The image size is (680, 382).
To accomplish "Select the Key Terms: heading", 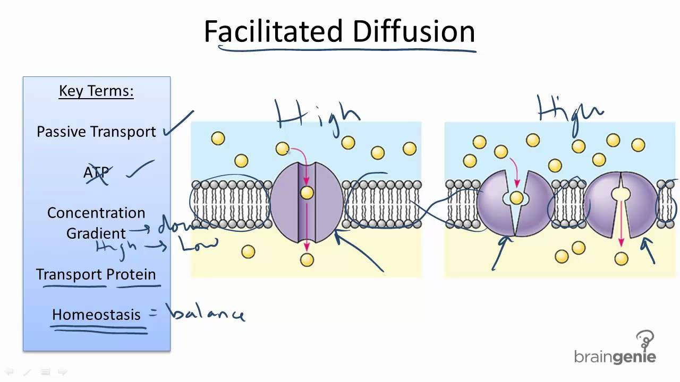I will pos(96,91).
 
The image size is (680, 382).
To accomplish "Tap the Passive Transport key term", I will pos(96,132).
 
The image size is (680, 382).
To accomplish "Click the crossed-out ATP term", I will pos(96,172).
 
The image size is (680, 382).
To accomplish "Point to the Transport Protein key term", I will pos(96,274).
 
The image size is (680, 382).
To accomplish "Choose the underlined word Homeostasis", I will pos(96,314).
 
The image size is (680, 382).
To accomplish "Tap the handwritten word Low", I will pos(198,244).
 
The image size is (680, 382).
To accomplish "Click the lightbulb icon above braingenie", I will pos(645,340).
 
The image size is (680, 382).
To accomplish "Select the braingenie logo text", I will pos(615,357).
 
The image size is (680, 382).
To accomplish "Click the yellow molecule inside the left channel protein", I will pos(307,193).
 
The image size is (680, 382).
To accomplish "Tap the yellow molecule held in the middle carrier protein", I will pos(516,198).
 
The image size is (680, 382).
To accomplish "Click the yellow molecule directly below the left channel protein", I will pos(307,259).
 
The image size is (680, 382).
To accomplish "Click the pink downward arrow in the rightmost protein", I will pos(620,223).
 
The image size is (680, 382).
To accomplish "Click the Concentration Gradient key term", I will pos(96,223).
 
